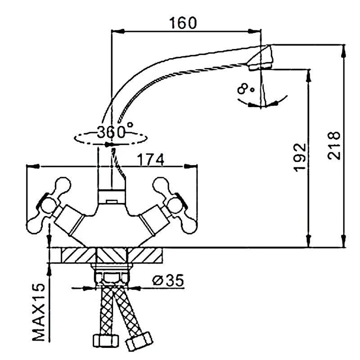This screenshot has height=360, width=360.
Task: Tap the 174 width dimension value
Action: [150, 159]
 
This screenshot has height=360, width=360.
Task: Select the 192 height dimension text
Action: [301, 158]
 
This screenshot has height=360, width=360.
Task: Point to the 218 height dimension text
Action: [334, 146]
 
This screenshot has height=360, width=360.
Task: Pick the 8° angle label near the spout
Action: [246, 89]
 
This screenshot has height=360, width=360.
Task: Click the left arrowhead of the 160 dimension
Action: [115, 31]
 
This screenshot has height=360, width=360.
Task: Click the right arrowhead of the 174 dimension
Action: [194, 166]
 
